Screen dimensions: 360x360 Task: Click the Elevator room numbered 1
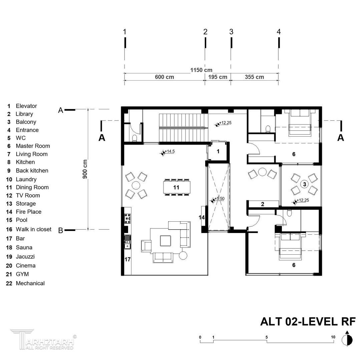point(218,152)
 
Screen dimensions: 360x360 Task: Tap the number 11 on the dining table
point(176,188)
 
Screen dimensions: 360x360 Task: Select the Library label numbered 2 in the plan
point(263,204)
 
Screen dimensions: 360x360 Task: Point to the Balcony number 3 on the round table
point(305,184)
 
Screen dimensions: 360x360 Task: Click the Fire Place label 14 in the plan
point(202,217)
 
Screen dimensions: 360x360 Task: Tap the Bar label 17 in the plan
point(127,259)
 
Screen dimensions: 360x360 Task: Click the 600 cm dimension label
point(164,77)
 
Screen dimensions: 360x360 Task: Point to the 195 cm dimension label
point(218,77)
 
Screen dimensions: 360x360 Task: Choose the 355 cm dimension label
point(254,77)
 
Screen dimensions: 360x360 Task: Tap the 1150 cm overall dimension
point(201,70)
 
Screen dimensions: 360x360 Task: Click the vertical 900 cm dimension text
point(85,169)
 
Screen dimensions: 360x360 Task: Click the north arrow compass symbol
point(347,338)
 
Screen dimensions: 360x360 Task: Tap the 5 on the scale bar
point(267,337)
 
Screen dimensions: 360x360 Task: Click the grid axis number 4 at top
point(279,32)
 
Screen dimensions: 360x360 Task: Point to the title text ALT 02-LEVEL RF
point(308,322)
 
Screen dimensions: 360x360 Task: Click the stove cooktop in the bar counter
point(127,219)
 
